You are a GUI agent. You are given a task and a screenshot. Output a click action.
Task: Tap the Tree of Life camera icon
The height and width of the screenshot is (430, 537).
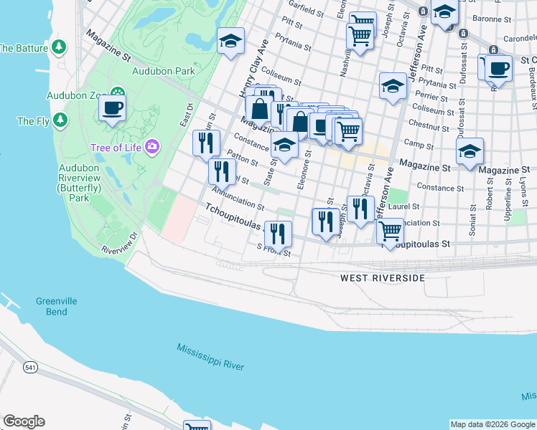151,148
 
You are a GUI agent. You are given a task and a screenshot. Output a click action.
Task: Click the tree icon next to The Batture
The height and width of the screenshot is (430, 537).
60,48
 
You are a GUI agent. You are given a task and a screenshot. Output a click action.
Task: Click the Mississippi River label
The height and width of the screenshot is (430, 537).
210,356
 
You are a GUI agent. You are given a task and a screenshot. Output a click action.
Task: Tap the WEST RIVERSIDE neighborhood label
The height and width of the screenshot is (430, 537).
382,278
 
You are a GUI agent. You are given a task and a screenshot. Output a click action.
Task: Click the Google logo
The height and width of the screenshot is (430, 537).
24,421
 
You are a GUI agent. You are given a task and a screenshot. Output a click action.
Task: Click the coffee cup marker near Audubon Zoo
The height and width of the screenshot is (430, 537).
112,107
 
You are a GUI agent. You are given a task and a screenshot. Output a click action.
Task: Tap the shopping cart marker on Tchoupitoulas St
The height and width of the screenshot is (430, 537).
389,231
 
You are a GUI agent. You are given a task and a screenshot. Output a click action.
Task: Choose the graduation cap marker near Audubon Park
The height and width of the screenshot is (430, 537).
231,40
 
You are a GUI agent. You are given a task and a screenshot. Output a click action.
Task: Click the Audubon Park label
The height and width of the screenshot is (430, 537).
163,71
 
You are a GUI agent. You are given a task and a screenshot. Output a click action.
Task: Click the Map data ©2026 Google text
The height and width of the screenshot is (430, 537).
492,424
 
